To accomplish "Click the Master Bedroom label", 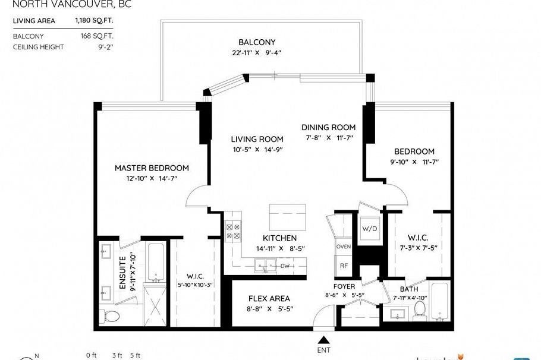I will (x=152, y=168).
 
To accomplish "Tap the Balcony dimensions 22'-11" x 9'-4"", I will (x=257, y=52).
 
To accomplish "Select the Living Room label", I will (x=257, y=139).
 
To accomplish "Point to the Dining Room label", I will (x=328, y=127).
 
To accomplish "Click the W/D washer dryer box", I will (x=369, y=229).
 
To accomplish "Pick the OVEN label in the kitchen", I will (x=344, y=246).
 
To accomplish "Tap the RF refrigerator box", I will (x=344, y=266).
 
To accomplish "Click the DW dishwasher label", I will (x=285, y=266).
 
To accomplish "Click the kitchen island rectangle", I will (x=288, y=214).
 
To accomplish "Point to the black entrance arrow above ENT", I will (x=323, y=340).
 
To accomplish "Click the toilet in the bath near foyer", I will (x=420, y=308).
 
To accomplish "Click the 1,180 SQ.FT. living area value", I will (x=93, y=21).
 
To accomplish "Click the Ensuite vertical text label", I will (x=122, y=272).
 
